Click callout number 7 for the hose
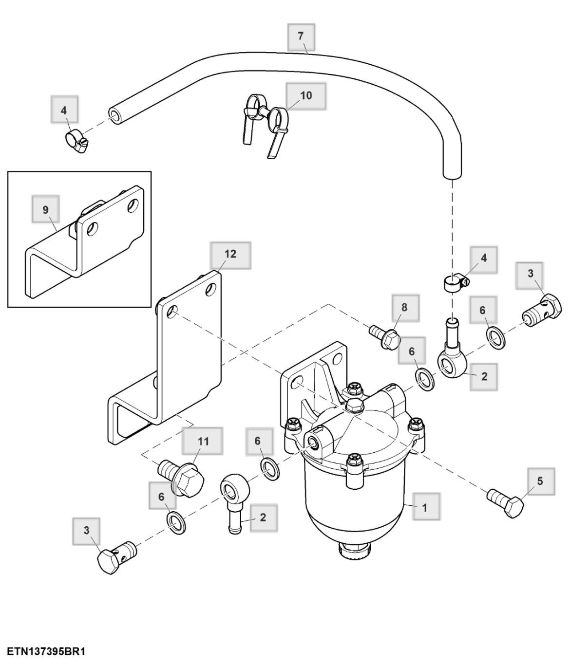point(301,36)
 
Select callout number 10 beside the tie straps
point(305,95)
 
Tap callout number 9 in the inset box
point(45,210)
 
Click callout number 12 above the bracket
point(230,254)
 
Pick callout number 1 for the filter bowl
point(424,507)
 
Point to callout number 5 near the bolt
point(539,481)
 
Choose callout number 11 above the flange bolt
point(203,441)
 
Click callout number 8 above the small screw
point(404,307)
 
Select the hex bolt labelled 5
point(507,503)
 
